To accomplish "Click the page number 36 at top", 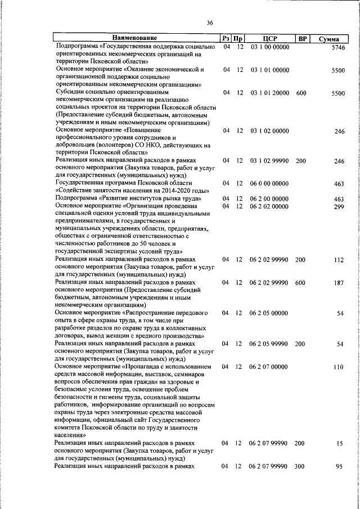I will coord(209,22).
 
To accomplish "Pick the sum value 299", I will coord(339,206).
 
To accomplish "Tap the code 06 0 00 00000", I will coord(269,183).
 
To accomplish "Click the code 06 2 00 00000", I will coord(269,199).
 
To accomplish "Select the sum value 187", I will coord(339,282).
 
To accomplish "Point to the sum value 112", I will coord(339,260).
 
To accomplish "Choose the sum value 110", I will coord(339,367).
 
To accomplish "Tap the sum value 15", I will coord(340,443).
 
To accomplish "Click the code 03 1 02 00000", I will coord(269,130).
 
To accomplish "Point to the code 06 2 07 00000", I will coord(269,367).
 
